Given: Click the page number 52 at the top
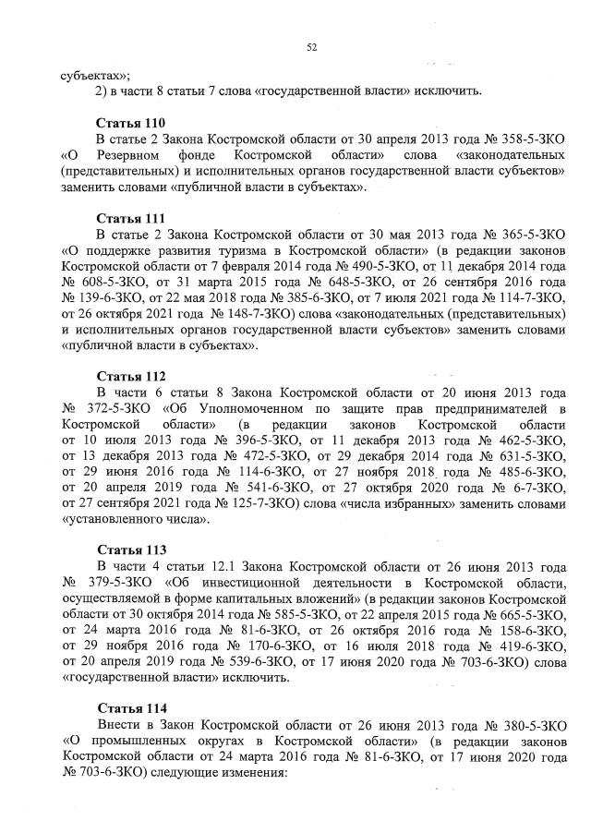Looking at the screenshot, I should coord(311,48).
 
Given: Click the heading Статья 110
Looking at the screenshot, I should coord(130,123).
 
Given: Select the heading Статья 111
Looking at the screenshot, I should coord(130,218).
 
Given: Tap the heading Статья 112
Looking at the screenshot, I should coord(130,376).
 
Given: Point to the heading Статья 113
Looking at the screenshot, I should coord(130,549).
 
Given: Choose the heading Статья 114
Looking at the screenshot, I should coord(130,707).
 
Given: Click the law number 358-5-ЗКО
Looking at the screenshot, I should coord(524,139).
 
